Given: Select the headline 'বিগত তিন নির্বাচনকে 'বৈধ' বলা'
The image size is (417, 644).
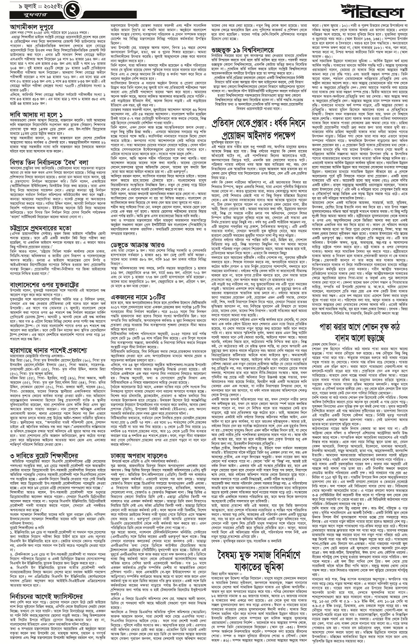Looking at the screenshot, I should (x=50, y=163).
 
